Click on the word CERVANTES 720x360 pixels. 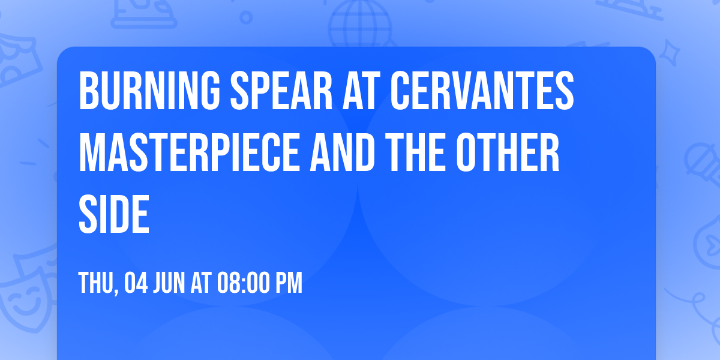(x=482, y=92)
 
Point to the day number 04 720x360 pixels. (x=136, y=283)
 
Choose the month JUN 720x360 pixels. (x=170, y=283)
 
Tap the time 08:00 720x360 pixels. (x=243, y=283)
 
